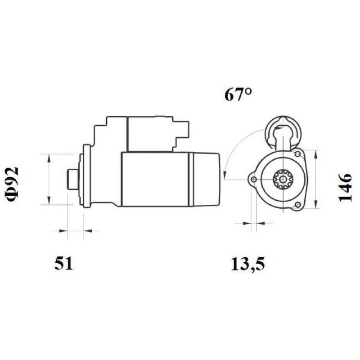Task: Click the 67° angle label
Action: coord(238,95)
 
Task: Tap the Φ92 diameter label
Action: coord(13,184)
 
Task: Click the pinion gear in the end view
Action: coord(283,180)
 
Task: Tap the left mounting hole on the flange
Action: coord(254,180)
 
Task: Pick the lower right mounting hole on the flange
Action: coord(297,206)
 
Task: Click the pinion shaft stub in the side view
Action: coord(72,179)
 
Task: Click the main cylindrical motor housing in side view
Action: coord(155,179)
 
